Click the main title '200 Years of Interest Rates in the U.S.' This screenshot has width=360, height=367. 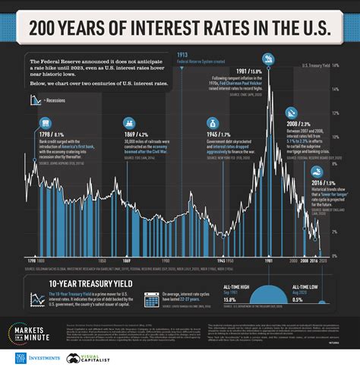coord(179,30)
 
